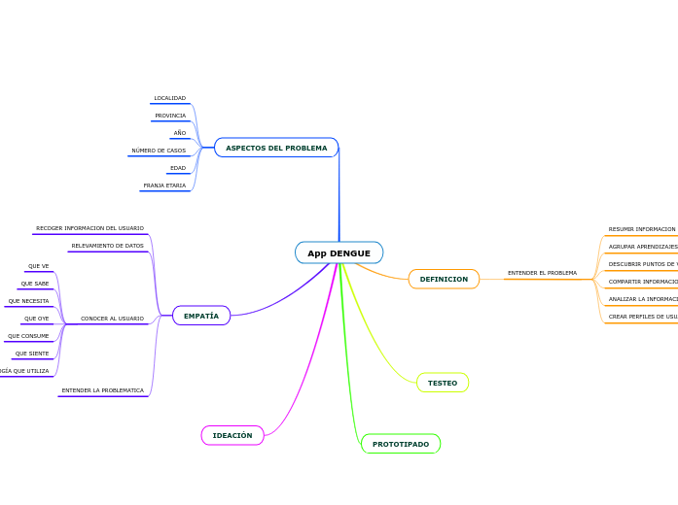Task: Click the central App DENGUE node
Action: click(339, 253)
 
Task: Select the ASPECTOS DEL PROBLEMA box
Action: click(276, 148)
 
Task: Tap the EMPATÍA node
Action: click(201, 316)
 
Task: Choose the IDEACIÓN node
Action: click(232, 435)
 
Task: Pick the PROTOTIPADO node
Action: click(401, 444)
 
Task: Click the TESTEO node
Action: click(443, 383)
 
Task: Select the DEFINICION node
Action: click(444, 279)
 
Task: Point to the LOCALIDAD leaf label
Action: click(169, 98)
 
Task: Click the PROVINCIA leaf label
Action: click(170, 116)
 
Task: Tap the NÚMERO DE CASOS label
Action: click(159, 151)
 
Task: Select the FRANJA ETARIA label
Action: click(164, 185)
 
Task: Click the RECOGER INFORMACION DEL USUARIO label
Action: click(89, 228)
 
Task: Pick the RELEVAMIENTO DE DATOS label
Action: click(107, 246)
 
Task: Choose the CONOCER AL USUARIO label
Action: click(112, 319)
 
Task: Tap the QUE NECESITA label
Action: click(29, 301)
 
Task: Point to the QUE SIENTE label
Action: click(32, 353)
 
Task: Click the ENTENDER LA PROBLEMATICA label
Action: click(102, 390)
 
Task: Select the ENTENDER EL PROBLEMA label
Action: click(542, 273)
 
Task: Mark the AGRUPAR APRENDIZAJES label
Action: click(643, 247)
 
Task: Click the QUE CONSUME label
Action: click(28, 336)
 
